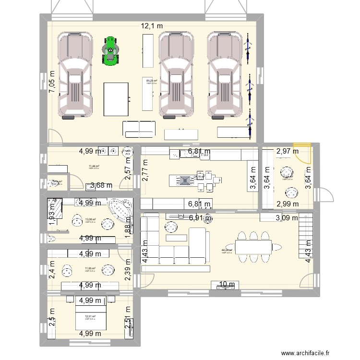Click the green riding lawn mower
click(x=111, y=50)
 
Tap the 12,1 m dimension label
click(x=152, y=26)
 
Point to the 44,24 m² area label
click(x=227, y=250)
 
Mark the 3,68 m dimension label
click(x=101, y=185)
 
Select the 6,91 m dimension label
click(x=199, y=218)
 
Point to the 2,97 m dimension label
click(x=287, y=151)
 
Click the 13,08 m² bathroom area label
click(x=91, y=220)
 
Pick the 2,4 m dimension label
click(x=52, y=271)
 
